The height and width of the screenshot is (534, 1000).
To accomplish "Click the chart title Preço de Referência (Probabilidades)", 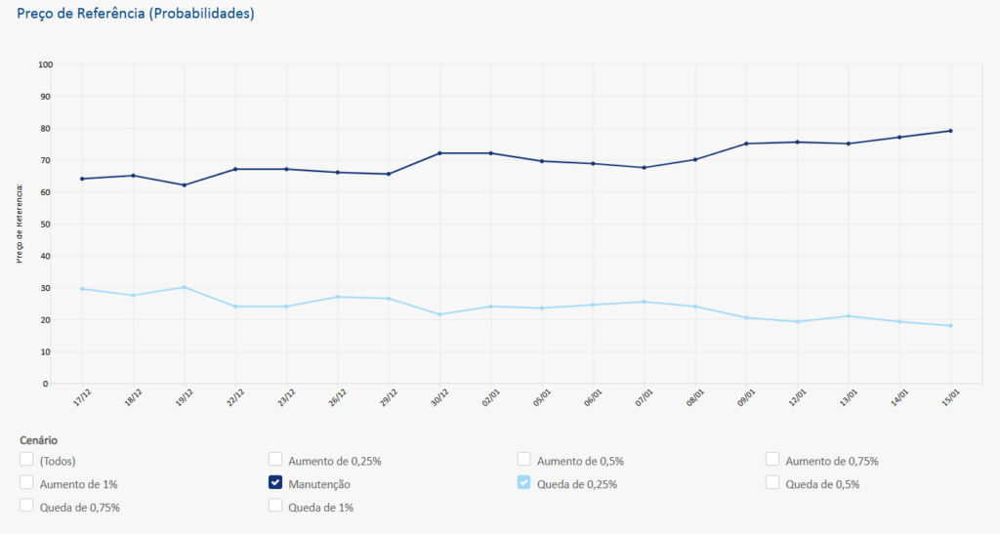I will [136, 15].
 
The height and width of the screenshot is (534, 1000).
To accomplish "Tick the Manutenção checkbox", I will [275, 482].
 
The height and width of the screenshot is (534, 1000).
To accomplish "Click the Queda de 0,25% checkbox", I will [524, 482].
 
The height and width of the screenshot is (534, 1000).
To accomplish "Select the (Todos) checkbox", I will [26, 460].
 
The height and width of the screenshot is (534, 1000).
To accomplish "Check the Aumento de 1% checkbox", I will [26, 482].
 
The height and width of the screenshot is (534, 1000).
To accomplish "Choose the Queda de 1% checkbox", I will [275, 506].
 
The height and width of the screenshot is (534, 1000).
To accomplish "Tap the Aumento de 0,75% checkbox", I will [772, 460].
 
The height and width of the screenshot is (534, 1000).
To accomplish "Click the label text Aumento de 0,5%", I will [580, 461].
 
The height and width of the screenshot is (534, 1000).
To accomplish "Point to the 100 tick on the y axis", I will [44, 64].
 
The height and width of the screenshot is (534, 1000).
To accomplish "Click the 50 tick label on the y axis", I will [46, 224].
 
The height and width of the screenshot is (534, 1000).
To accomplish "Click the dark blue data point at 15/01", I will [950, 131].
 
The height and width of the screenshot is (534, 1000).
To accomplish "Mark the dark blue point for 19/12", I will [184, 185].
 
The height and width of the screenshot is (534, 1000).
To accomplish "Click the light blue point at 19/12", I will [184, 287].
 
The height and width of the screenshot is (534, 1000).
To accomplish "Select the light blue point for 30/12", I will [439, 314].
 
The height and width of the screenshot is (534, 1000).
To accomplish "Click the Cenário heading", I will [38, 440].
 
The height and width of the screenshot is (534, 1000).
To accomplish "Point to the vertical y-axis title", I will [20, 224].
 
